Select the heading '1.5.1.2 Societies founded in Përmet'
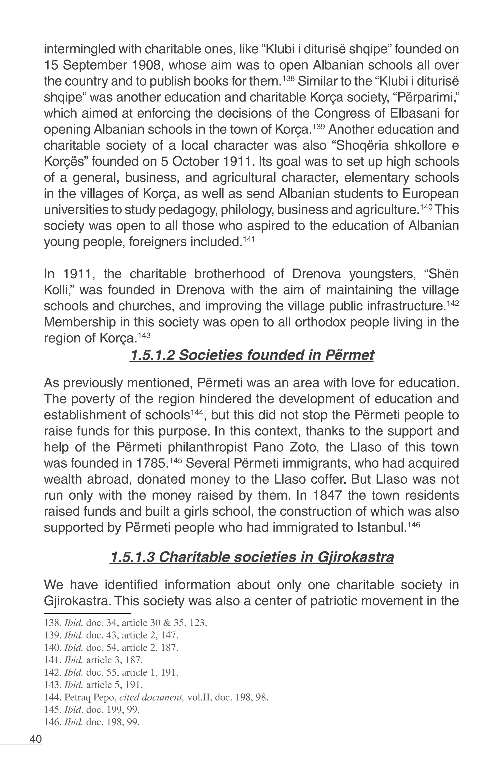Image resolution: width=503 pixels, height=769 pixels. tap(251, 355)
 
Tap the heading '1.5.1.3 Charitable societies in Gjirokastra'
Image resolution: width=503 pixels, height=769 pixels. tap(251, 557)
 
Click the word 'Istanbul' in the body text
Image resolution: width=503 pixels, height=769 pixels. tap(381, 528)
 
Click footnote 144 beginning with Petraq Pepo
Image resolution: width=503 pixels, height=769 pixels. tap(156, 697)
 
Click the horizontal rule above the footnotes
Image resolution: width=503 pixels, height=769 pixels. tap(87, 613)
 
